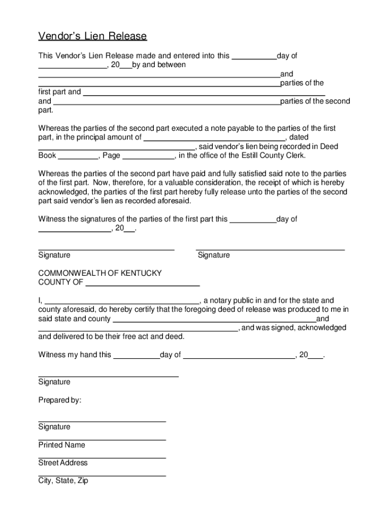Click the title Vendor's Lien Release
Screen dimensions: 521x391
click(x=92, y=37)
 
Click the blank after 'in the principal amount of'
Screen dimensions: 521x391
click(x=214, y=138)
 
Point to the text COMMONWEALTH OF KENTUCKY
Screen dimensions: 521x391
click(x=100, y=273)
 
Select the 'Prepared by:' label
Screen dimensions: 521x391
click(x=60, y=400)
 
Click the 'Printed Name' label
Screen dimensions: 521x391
click(x=61, y=445)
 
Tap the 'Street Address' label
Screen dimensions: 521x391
click(x=63, y=463)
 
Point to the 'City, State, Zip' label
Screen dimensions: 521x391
click(x=63, y=481)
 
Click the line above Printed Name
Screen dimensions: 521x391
click(x=102, y=440)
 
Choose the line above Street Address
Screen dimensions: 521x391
click(x=102, y=457)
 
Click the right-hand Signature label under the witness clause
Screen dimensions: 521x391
click(x=213, y=255)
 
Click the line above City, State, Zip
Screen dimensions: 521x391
click(x=102, y=475)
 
